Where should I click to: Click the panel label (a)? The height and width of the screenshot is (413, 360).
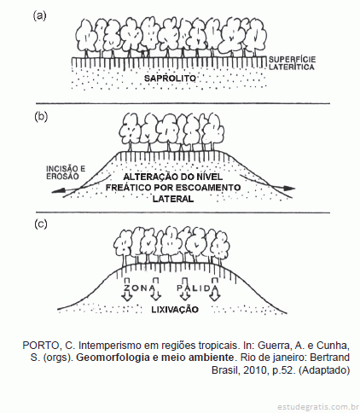(x=39, y=15)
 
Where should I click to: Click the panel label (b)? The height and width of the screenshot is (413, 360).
(x=41, y=117)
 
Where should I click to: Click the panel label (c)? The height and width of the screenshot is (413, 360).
(x=40, y=224)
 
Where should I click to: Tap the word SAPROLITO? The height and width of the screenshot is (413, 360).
(x=170, y=79)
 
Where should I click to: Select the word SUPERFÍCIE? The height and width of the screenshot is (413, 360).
(x=292, y=60)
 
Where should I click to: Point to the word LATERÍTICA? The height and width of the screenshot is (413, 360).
(x=292, y=67)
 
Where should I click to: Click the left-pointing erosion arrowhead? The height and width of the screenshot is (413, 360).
(x=57, y=191)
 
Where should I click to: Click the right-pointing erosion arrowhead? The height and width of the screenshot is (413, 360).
(x=289, y=188)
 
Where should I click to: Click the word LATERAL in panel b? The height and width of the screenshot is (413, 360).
(x=173, y=199)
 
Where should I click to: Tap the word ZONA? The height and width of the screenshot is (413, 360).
(x=140, y=288)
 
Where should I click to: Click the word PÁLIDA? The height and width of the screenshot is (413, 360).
(x=198, y=288)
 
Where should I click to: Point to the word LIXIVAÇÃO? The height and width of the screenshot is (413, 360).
(x=175, y=309)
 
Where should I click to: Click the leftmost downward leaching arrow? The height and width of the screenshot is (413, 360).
(x=127, y=288)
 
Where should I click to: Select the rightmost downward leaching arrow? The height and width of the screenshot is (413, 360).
(x=215, y=288)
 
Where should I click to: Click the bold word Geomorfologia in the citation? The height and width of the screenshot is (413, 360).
(x=113, y=358)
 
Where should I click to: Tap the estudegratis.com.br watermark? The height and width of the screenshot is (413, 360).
(x=318, y=406)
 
